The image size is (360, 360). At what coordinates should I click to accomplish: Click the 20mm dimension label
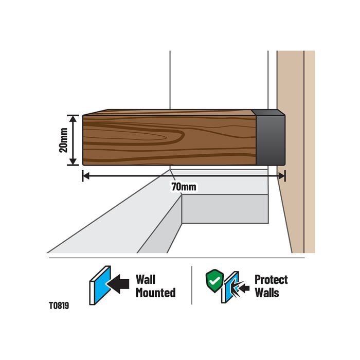click(63, 140)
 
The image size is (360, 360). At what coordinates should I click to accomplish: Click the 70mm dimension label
click(184, 187)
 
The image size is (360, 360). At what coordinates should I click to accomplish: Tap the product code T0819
click(59, 305)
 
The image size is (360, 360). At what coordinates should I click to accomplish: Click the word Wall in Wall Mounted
click(146, 280)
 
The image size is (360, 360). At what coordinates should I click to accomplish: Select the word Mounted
click(156, 293)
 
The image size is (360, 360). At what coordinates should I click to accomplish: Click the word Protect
click(271, 280)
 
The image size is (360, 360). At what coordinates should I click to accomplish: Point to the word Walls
click(267, 293)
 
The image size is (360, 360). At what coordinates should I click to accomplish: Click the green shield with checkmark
click(214, 281)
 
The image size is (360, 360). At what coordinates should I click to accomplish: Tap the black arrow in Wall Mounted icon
click(118, 284)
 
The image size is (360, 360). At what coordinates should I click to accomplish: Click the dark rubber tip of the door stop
click(269, 137)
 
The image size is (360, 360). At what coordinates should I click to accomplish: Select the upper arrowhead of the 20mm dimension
click(73, 119)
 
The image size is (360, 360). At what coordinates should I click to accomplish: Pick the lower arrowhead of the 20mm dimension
click(73, 161)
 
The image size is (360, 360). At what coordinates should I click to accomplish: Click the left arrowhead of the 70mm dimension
click(86, 176)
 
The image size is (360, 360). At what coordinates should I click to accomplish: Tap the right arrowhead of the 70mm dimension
click(281, 176)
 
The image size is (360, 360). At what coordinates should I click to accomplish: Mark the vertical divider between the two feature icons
click(192, 285)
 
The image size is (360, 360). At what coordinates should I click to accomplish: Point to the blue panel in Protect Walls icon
click(232, 286)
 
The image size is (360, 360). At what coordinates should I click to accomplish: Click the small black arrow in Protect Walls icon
click(244, 288)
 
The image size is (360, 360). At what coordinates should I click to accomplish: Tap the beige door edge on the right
click(296, 152)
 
